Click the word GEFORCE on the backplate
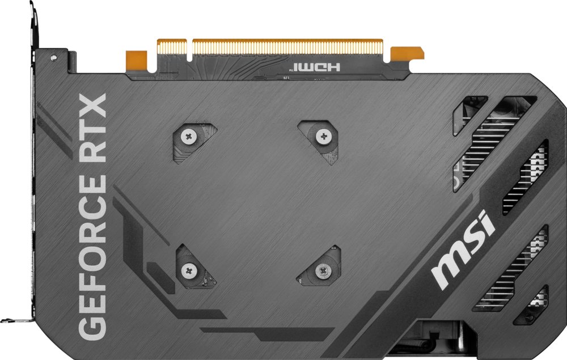pyautogui.click(x=91, y=255)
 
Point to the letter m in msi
pyautogui.click(x=448, y=270)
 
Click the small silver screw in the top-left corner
pyautogui.click(x=53, y=57)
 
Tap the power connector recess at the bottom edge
pyautogui.click(x=437, y=337)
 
